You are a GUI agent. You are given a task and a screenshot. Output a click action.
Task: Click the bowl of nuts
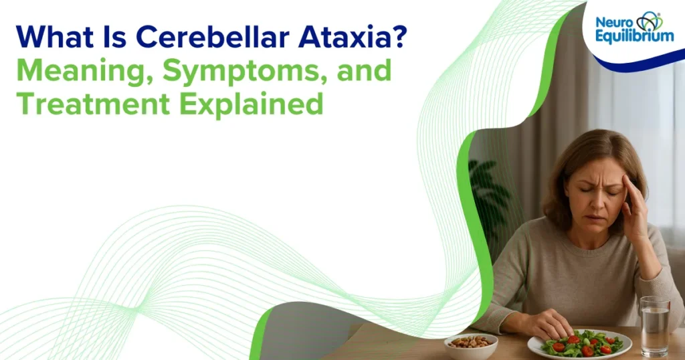tap(470, 343)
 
